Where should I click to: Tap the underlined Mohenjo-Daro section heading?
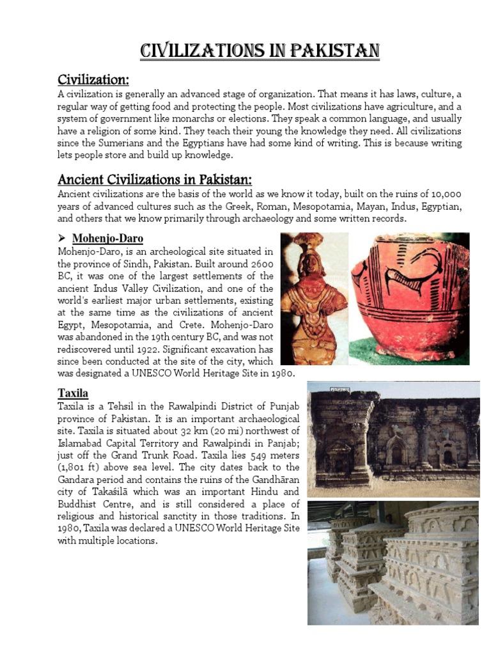coord(107,239)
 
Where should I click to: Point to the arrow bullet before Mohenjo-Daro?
coord(62,239)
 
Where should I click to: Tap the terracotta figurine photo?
coord(313,297)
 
